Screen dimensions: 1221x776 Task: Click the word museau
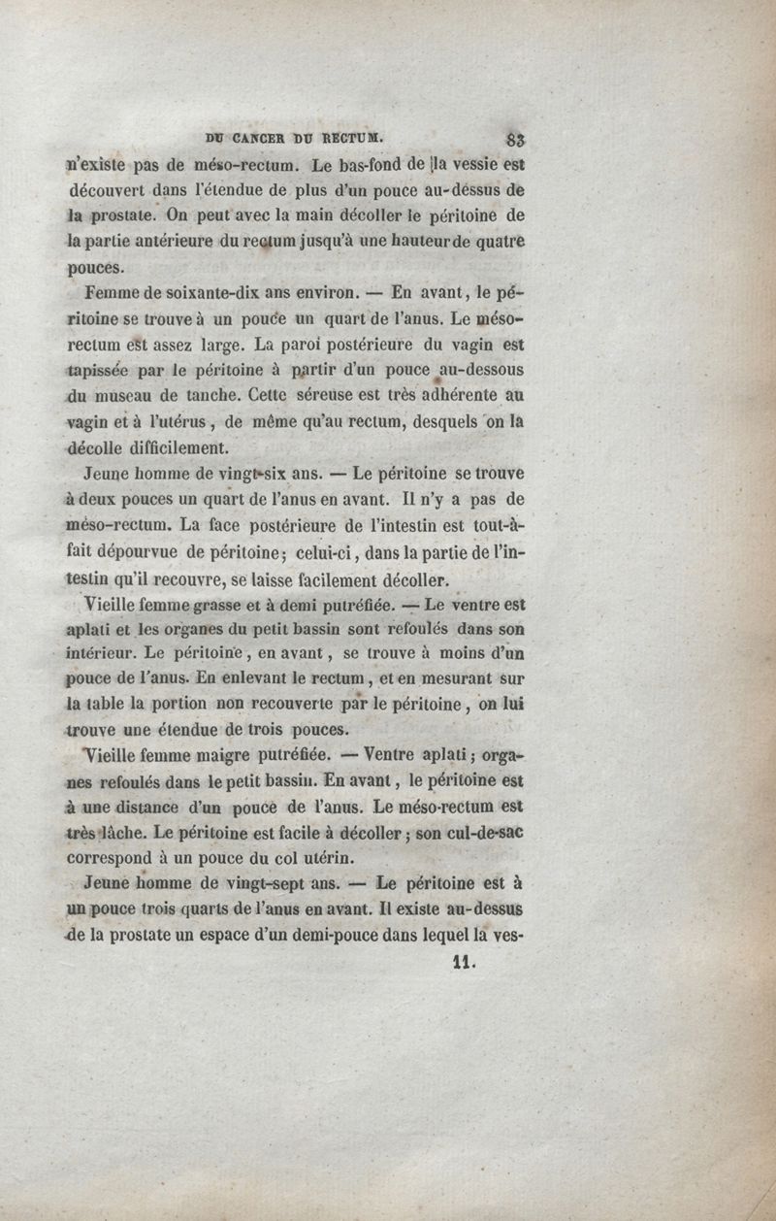point(128,395)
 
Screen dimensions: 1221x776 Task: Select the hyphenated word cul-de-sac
point(481,832)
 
